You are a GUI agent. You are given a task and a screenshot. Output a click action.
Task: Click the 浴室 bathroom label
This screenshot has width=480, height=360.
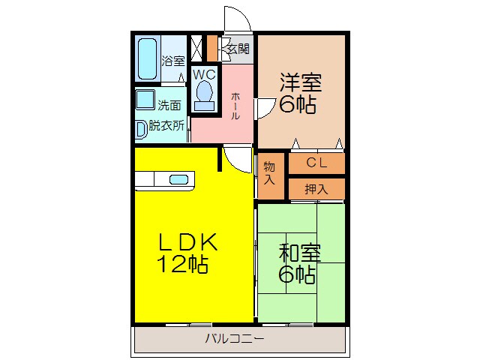click(173, 61)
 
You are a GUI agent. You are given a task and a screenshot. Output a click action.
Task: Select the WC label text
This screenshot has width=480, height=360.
click(203, 75)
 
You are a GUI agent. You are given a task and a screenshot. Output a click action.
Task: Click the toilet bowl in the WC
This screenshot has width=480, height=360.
click(203, 94)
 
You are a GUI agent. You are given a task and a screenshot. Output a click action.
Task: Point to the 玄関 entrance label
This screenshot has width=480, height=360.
click(238, 49)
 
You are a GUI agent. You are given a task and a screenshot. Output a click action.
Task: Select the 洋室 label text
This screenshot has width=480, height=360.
click(298, 80)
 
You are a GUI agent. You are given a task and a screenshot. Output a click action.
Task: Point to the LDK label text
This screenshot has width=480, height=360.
click(187, 242)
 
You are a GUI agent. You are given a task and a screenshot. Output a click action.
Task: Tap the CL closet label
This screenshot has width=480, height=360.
click(316, 163)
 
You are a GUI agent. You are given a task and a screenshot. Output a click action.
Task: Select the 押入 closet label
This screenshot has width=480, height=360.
click(316, 189)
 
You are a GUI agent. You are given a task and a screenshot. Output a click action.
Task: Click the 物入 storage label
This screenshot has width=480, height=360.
click(269, 174)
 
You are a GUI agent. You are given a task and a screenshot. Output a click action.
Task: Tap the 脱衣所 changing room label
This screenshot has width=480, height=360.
click(166, 126)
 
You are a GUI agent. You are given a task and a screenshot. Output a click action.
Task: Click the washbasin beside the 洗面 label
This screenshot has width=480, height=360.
click(144, 99)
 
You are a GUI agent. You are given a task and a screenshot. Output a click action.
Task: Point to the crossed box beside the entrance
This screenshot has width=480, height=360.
click(196, 48)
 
